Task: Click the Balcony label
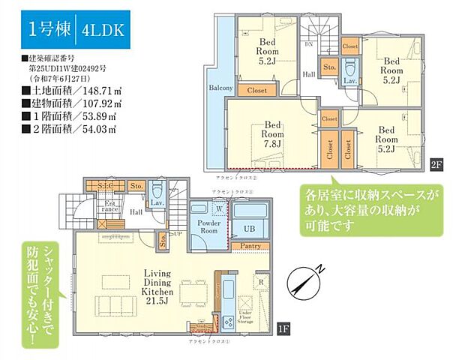coord(220,88)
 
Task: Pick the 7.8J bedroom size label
coord(271,142)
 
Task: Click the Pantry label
coord(251,245)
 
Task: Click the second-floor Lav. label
coord(349,79)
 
